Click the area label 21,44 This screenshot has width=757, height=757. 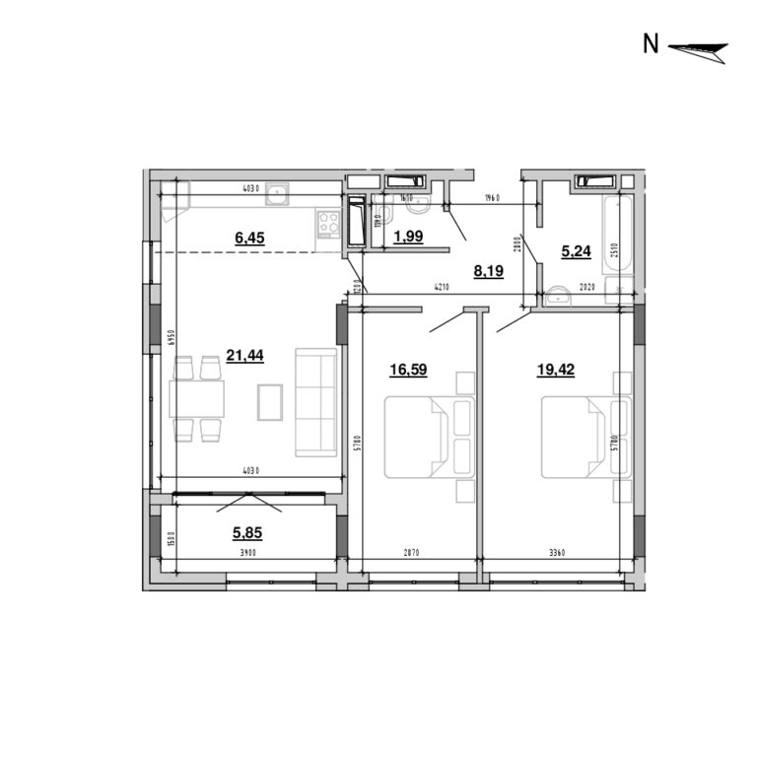[243, 355]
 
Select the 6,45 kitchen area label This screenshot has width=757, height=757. [249, 237]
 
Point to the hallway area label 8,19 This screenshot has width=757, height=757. [488, 268]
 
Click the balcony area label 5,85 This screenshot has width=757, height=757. [248, 533]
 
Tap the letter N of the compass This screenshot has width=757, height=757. [651, 44]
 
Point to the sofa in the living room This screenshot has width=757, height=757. [315, 402]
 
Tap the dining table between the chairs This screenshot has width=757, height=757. [196, 399]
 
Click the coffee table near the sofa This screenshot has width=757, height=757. [270, 401]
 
